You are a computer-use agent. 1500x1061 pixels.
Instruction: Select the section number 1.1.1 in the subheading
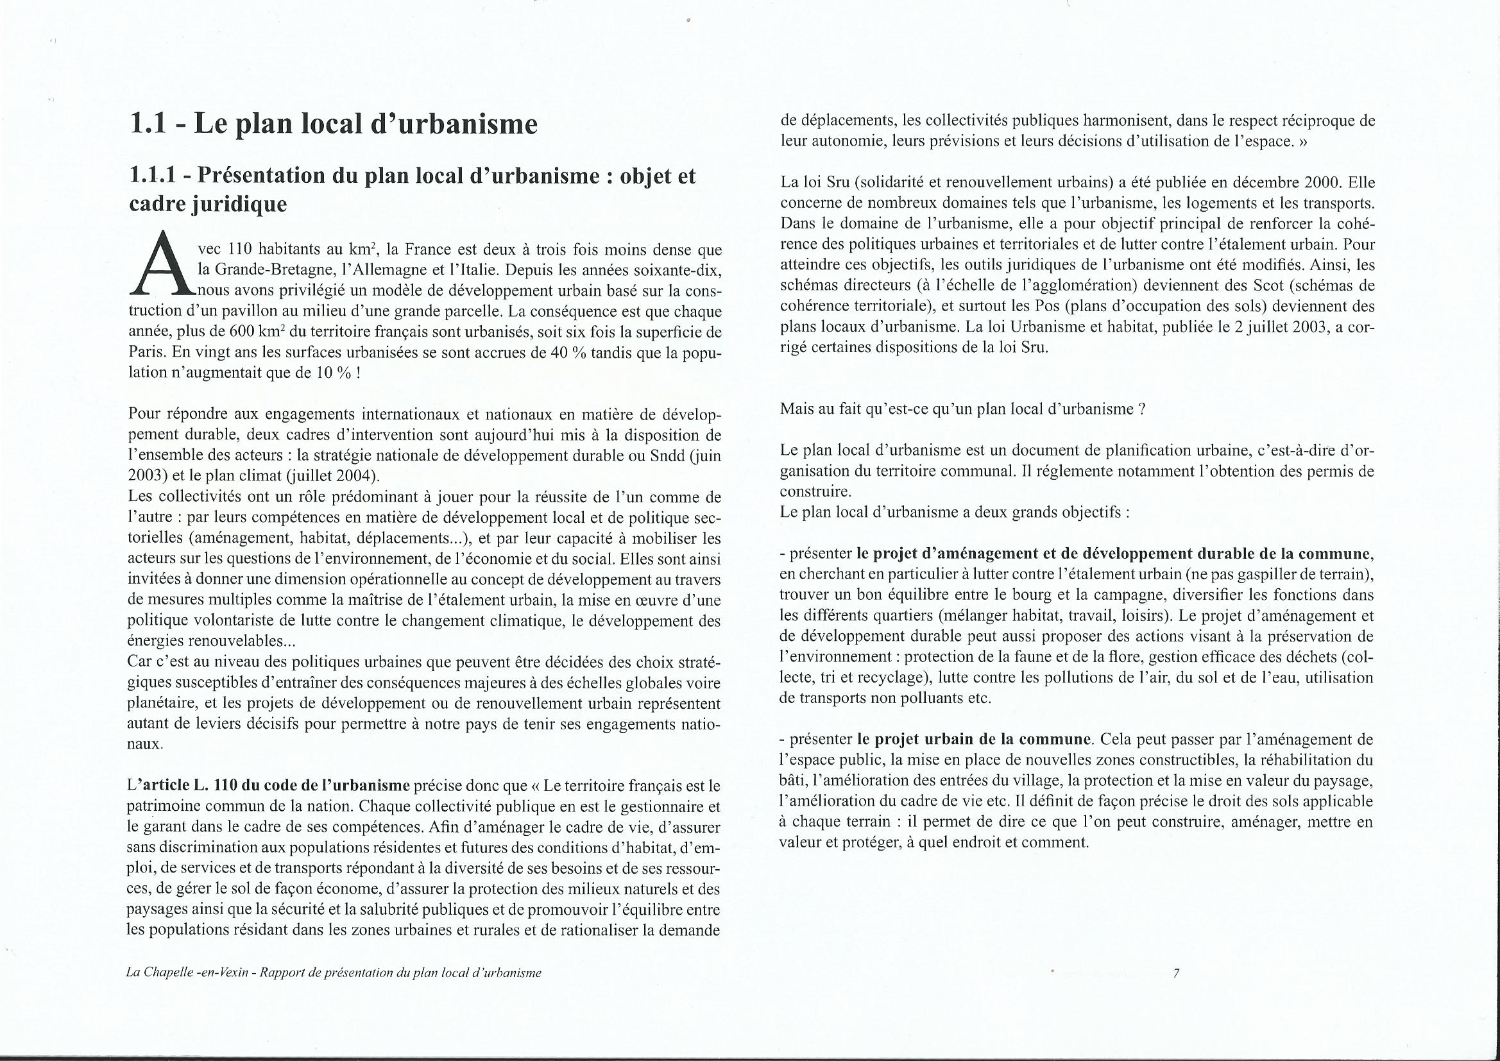coord(154,176)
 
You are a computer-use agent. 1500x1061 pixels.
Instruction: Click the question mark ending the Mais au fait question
coord(1141,410)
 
